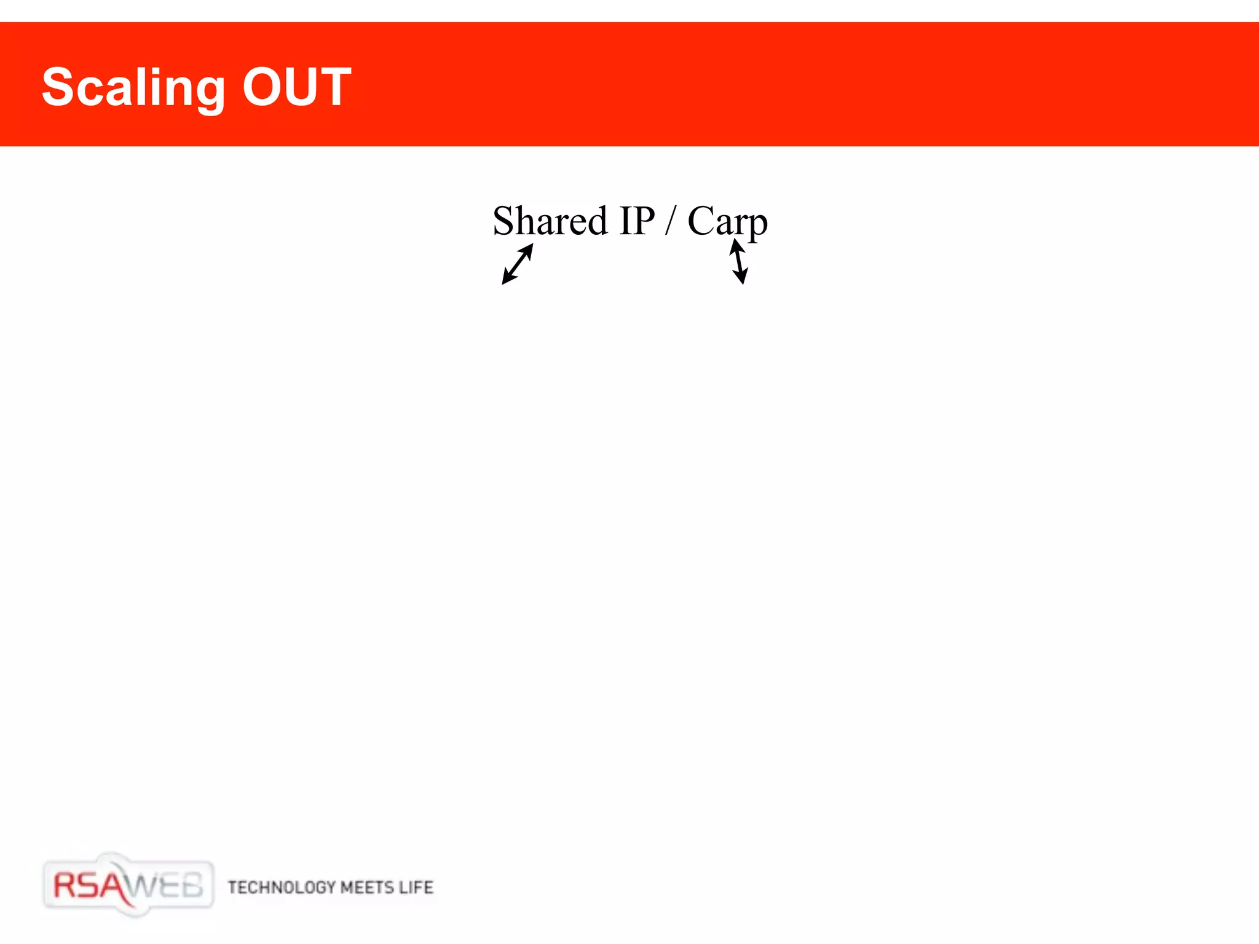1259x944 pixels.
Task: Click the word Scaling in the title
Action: point(133,88)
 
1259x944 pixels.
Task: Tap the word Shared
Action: point(550,221)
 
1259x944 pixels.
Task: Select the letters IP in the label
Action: point(637,221)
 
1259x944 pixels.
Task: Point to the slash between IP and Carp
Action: point(671,221)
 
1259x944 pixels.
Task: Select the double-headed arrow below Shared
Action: point(518,264)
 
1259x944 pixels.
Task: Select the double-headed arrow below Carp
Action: point(739,262)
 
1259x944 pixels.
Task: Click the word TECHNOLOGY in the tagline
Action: point(282,887)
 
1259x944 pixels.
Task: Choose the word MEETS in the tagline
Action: point(366,887)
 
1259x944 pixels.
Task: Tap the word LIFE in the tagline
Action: point(416,887)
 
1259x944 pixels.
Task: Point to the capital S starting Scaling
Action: point(57,87)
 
